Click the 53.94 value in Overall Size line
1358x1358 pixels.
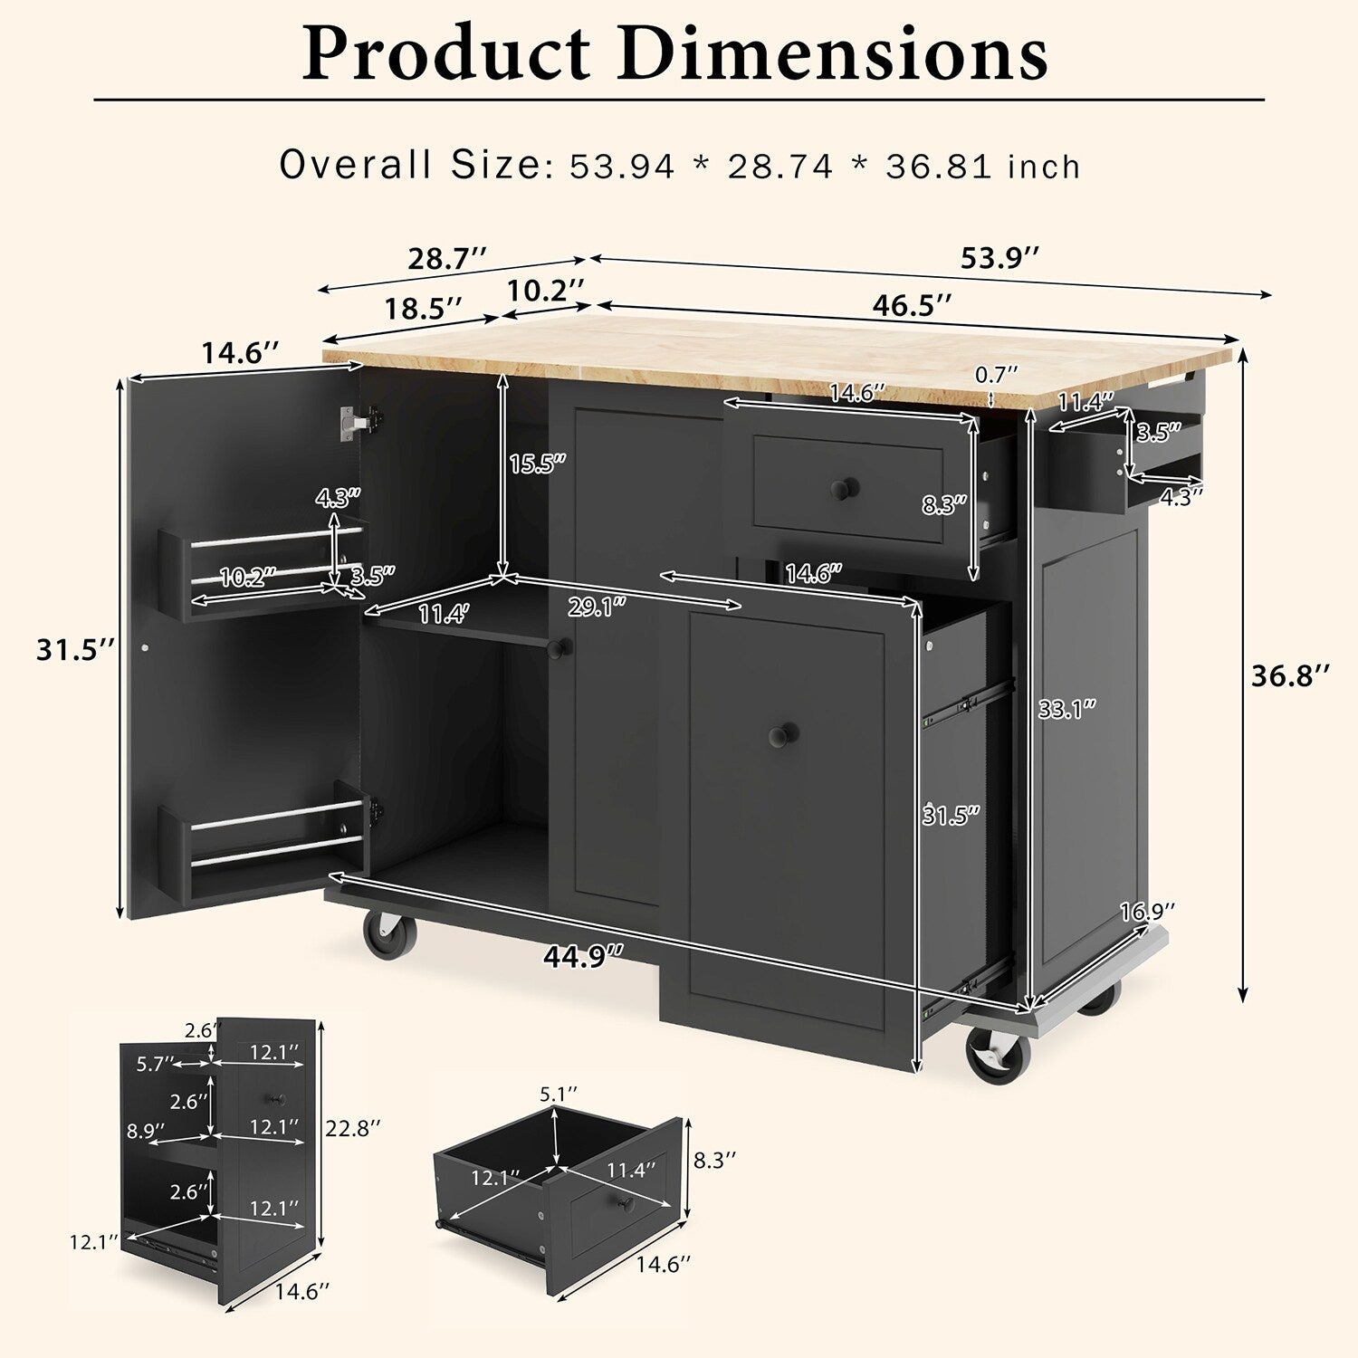tap(623, 167)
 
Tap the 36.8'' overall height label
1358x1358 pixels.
tap(1291, 675)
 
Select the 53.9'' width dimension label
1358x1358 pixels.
tap(999, 258)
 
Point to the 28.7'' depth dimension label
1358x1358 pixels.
tap(447, 259)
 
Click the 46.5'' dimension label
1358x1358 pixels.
tap(912, 305)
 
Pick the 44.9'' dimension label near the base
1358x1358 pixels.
tap(586, 956)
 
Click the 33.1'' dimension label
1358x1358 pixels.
tap(1067, 709)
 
